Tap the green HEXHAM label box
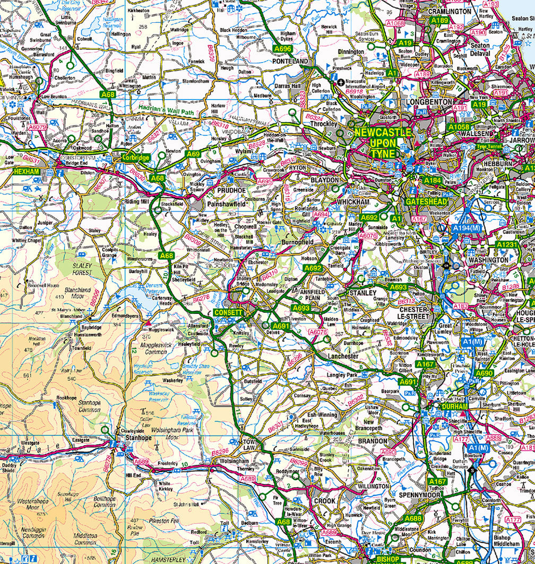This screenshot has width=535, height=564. pyautogui.click(x=27, y=172)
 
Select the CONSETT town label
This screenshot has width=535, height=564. pyautogui.click(x=228, y=313)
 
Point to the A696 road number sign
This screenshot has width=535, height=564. pyautogui.click(x=283, y=49)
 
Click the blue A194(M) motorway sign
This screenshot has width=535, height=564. pyautogui.click(x=466, y=227)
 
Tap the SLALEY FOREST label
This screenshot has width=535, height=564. pyautogui.click(x=82, y=269)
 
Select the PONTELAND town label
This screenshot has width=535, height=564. pyautogui.click(x=290, y=62)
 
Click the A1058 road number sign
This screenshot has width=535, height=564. pyautogui.click(x=459, y=127)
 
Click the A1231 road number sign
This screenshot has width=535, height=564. pyautogui.click(x=507, y=244)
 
